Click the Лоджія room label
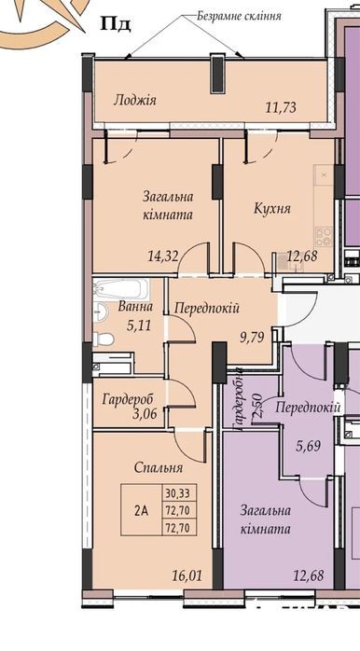135,100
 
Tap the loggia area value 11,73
281,107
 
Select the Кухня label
272,208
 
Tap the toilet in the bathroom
103,339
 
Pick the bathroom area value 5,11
137,325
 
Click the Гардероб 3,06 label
129,406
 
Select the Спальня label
159,468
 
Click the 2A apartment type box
141,510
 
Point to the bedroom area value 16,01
187,575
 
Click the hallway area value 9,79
253,336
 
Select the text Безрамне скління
239,16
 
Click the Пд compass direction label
116,24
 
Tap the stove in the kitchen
324,237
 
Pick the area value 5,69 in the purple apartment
307,447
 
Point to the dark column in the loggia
218,75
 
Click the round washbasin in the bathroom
100,312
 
